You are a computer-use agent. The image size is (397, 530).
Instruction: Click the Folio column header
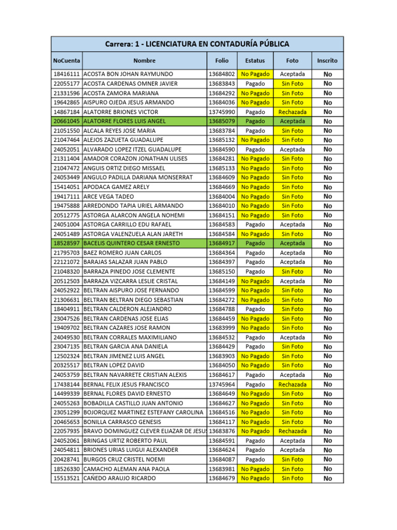pos(222,61)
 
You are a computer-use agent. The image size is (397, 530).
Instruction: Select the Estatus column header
pos(255,61)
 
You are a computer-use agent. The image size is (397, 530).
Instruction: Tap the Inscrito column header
pos(327,61)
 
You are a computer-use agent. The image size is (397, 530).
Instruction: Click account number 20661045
pos(66,121)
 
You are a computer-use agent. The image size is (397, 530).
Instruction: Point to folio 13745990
pos(222,112)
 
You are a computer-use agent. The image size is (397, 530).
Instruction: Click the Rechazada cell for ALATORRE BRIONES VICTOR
pos(292,112)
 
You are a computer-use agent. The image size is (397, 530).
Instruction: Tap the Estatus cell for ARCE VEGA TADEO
pos(255,197)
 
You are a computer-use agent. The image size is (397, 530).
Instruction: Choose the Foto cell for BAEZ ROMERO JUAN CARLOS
pos(292,253)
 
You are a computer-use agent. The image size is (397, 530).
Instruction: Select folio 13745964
pos(222,385)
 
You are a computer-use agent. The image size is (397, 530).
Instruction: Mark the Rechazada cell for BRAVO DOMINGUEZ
pos(292,431)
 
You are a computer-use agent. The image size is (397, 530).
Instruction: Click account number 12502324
pos(66,356)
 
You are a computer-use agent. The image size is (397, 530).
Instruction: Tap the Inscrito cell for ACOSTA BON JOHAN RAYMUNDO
pos(327,74)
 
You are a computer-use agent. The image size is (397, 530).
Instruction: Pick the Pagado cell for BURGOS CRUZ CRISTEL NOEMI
pos(255,460)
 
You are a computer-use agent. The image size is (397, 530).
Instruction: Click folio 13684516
pos(222,413)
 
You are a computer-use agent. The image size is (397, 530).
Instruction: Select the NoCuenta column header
pos(66,61)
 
